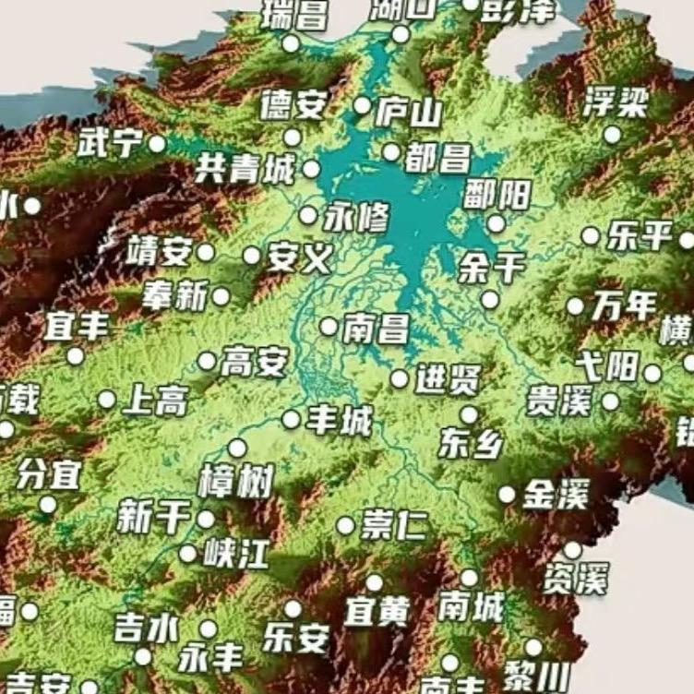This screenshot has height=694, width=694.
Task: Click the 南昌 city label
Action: [x=376, y=329]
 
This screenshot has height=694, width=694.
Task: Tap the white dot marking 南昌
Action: [x=329, y=326]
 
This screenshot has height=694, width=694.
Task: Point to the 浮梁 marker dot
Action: [x=612, y=135]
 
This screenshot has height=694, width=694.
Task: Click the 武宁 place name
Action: [x=110, y=143]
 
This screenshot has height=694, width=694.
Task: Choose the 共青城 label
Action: [x=245, y=168]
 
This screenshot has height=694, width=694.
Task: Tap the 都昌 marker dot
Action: [x=391, y=152]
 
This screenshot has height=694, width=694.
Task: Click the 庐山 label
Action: [x=408, y=112]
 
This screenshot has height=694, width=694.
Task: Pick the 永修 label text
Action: [x=356, y=217]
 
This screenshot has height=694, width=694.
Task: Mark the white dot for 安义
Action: [x=251, y=256]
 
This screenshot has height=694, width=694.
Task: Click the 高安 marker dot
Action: [x=207, y=361]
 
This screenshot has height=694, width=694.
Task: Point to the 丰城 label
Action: [x=340, y=421]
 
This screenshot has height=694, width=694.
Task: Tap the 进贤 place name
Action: [x=448, y=379]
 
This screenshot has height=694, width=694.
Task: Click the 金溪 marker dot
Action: [x=507, y=495]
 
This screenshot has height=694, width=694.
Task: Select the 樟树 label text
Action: [x=236, y=482]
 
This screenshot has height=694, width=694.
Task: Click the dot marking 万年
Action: [x=575, y=306]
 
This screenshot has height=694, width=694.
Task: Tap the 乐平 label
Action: [x=639, y=236]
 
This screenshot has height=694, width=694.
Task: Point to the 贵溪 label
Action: [x=558, y=401]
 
